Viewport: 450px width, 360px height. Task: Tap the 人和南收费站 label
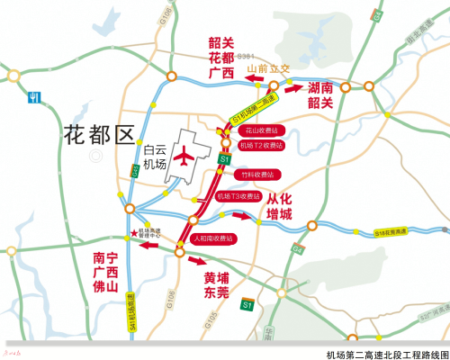212,239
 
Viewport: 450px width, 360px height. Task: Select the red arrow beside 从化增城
241,216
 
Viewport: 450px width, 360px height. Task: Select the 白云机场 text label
155,159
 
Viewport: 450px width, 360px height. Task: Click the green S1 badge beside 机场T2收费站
225,159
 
